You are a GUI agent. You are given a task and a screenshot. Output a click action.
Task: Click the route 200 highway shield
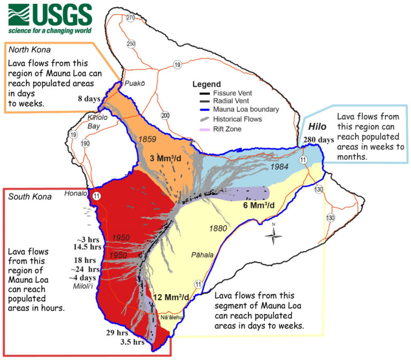tap(165, 115)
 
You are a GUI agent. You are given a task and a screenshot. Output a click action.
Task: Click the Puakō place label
tap(132, 84)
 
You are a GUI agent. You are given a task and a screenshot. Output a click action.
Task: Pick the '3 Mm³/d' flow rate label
tap(165, 159)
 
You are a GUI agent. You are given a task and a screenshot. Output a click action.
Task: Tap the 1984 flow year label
tap(280, 167)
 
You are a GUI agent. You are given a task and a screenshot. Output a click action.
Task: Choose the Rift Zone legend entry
tap(220, 129)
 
